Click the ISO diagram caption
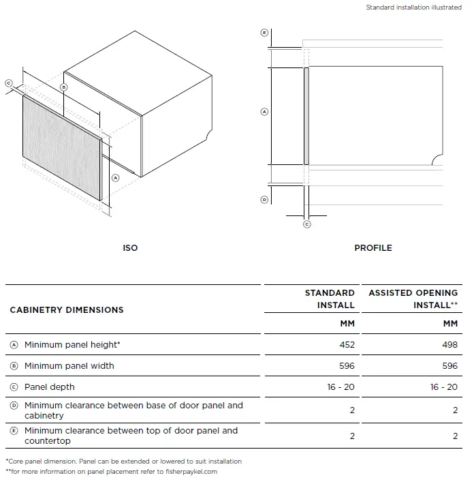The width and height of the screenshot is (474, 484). tap(130, 247)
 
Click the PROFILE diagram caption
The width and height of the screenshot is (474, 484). tap(373, 247)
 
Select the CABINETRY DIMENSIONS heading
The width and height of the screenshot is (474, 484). tap(67, 309)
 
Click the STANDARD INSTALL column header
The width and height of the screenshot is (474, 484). tap(330, 299)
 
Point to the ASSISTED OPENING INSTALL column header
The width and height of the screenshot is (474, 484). tap(413, 299)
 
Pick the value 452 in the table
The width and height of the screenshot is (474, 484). tap(347, 345)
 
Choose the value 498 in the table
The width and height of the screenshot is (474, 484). tap(449, 345)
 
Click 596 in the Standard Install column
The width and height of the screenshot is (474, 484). tap(347, 366)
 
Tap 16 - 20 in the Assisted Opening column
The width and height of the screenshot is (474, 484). tap(443, 387)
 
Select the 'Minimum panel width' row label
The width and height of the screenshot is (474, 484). tap(69, 366)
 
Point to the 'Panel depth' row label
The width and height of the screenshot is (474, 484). tap(50, 387)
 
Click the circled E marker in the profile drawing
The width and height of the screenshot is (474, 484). tap(264, 33)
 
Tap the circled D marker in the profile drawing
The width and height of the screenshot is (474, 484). tap(264, 200)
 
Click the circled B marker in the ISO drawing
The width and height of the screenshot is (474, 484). tap(63, 87)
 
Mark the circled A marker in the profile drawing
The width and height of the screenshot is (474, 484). tap(264, 112)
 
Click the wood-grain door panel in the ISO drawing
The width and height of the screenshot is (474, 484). tap(63, 148)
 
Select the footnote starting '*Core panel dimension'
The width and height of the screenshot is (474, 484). tap(123, 462)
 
